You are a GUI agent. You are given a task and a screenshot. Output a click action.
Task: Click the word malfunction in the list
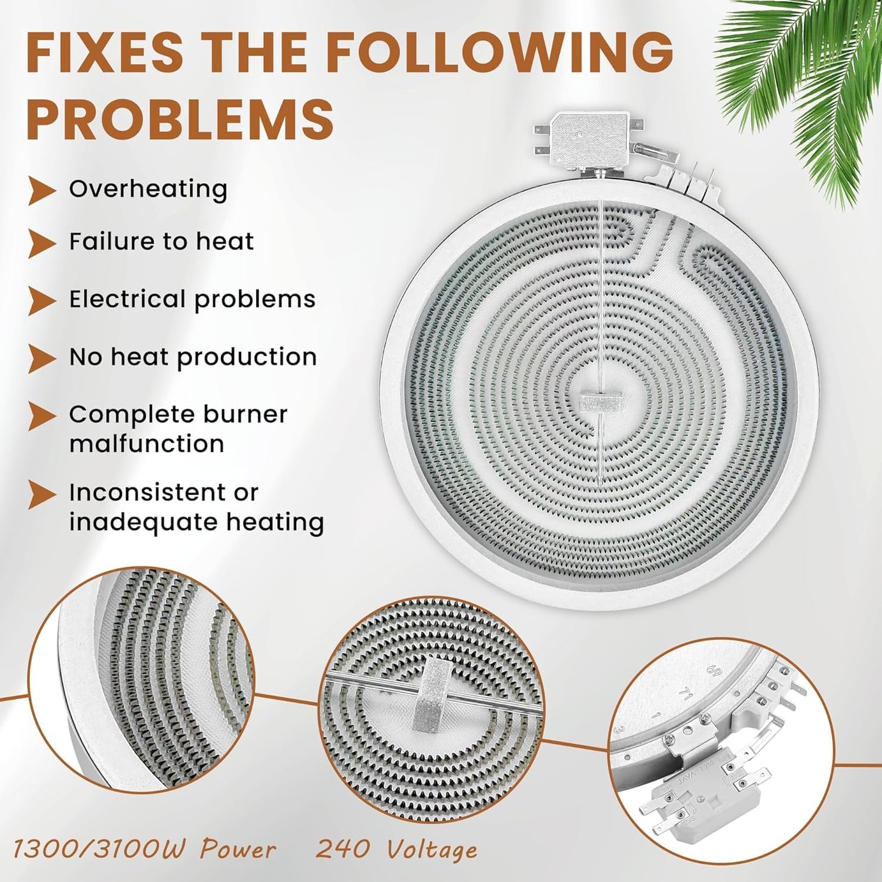point(146,444)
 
